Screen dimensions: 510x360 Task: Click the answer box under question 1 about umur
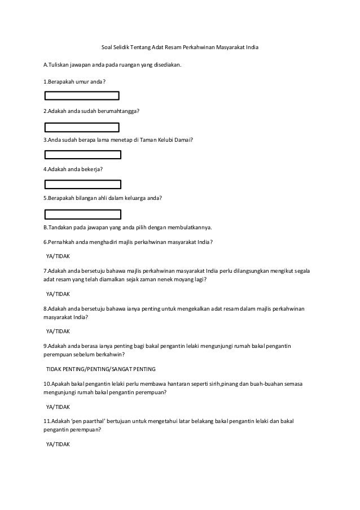[82, 96]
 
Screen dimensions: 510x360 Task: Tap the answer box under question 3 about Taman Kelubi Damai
[83, 154]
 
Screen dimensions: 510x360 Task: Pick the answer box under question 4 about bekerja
[83, 184]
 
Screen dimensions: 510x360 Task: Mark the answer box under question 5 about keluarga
[83, 213]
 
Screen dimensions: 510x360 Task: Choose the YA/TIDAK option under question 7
[57, 294]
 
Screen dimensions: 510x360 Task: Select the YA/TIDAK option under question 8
[57, 331]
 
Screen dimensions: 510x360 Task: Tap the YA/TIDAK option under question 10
[57, 406]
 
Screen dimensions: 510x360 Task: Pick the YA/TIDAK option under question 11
[57, 444]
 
